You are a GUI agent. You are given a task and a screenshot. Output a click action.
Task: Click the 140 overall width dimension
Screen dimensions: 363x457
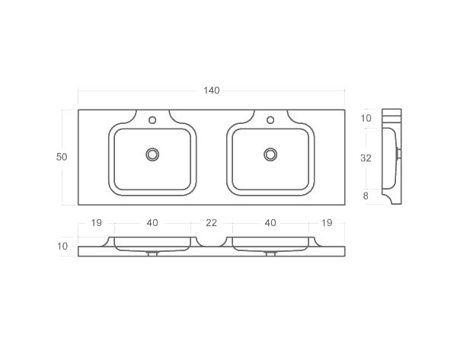211,91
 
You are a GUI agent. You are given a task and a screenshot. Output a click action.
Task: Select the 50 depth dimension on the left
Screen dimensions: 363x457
62,157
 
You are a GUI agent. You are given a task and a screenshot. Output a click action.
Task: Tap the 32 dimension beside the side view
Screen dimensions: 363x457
366,158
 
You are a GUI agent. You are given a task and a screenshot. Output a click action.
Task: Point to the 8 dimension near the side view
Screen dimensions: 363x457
366,196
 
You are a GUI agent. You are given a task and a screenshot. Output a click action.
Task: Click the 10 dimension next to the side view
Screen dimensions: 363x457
366,118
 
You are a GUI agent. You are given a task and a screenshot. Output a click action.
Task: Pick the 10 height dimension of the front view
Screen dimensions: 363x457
62,246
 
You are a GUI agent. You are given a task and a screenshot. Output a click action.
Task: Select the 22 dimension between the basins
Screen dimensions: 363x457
211,222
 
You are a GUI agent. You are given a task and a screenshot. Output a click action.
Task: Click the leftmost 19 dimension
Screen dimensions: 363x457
96,222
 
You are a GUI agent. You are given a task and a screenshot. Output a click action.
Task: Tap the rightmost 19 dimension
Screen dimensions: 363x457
327,222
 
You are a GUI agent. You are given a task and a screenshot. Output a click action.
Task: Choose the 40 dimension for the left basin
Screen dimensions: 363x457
152,222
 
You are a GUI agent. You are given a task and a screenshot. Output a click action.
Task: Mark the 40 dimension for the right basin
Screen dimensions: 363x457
270,222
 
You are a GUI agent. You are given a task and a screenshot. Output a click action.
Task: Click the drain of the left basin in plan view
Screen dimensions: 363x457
152,154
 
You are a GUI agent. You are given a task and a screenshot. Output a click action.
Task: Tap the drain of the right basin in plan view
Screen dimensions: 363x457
270,154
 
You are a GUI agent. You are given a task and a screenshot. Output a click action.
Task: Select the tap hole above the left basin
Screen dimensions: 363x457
152,120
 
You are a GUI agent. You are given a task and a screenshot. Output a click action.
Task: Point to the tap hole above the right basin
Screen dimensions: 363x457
270,120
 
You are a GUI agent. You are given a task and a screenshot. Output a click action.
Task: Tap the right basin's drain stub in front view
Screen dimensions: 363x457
270,253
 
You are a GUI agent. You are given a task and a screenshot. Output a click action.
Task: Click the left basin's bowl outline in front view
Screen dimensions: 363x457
152,244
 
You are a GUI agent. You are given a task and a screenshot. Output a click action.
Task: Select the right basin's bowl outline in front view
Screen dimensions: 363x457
270,244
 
